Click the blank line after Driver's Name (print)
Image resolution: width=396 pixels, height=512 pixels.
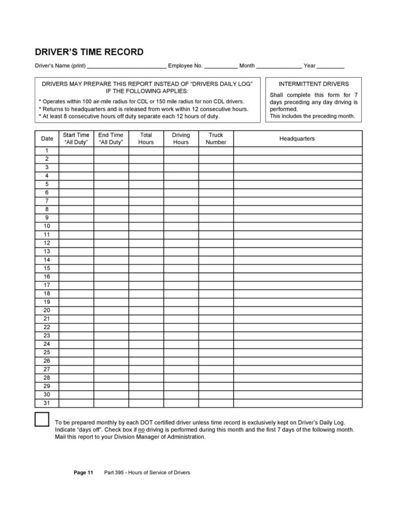point(126,67)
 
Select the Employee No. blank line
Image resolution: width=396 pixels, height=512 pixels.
point(220,67)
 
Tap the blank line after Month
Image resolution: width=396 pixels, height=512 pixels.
point(279,67)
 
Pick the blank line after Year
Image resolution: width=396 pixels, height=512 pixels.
point(331,67)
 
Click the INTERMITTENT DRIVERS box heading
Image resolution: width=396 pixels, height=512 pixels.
point(313,84)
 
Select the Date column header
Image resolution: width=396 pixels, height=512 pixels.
point(47,139)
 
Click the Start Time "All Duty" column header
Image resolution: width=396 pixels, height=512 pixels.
point(76,139)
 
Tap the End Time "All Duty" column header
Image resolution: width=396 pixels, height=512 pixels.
point(111,139)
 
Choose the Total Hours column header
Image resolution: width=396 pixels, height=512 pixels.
point(146,139)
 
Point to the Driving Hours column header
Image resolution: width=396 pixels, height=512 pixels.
point(181,139)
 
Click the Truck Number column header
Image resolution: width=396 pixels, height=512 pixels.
point(216,139)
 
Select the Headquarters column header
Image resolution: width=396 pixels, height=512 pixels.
point(297,139)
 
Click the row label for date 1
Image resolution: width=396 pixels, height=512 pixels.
point(47,151)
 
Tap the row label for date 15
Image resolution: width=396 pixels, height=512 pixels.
point(47,268)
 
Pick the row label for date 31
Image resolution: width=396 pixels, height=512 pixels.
point(47,403)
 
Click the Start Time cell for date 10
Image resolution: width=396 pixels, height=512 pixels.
point(76,226)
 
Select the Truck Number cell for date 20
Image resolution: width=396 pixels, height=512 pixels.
point(216,310)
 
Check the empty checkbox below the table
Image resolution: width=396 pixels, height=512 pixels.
point(42,420)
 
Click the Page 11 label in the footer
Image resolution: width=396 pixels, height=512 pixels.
point(83,473)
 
